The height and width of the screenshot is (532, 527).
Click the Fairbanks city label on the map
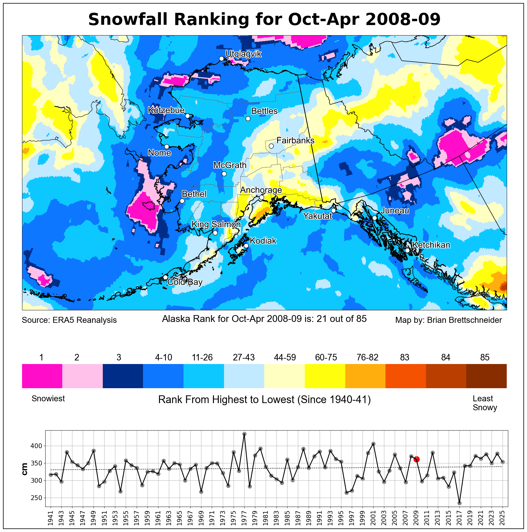pyautogui.click(x=295, y=140)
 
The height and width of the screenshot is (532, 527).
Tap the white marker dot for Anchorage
pyautogui.click(x=262, y=197)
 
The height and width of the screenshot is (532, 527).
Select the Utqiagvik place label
pyautogui.click(x=243, y=54)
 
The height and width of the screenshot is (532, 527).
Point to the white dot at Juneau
pyautogui.click(x=374, y=218)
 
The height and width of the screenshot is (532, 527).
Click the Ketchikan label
pyautogui.click(x=431, y=245)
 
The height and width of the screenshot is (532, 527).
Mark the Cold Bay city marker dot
pyautogui.click(x=165, y=277)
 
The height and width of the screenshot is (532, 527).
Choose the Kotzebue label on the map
pyautogui.click(x=166, y=110)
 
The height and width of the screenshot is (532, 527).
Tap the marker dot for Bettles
pyautogui.click(x=248, y=118)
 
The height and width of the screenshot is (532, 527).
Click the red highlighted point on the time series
pyautogui.click(x=416, y=459)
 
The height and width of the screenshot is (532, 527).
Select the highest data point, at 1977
pyautogui.click(x=244, y=434)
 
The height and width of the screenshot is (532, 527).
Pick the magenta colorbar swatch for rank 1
pyautogui.click(x=42, y=376)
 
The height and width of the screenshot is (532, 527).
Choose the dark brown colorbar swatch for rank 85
pyautogui.click(x=486, y=376)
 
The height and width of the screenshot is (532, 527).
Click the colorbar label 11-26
pyautogui.click(x=202, y=357)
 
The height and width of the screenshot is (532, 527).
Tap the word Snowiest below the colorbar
pyautogui.click(x=48, y=399)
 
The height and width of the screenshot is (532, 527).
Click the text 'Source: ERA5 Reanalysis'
pyautogui.click(x=69, y=320)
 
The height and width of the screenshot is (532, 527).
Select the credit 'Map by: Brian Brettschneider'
pyautogui.click(x=448, y=320)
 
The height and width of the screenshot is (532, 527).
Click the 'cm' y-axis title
pyautogui.click(x=25, y=469)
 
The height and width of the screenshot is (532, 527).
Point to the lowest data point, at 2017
pyautogui.click(x=459, y=503)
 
